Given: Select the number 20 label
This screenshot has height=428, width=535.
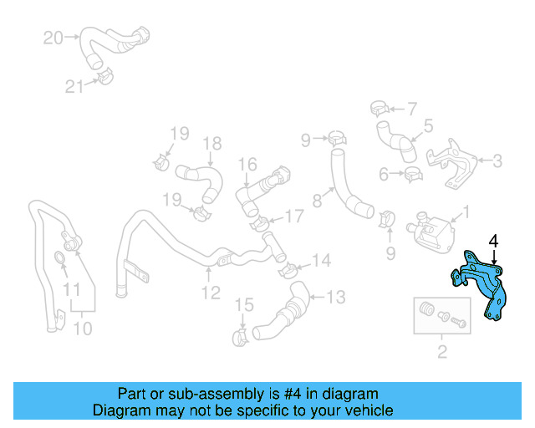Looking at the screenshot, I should pyautogui.click(x=53, y=38).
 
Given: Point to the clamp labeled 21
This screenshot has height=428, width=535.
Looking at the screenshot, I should pyautogui.click(x=104, y=78).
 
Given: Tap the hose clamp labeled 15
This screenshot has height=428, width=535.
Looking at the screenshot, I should pyautogui.click(x=240, y=337).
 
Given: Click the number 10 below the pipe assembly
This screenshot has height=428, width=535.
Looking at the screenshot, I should pyautogui.click(x=82, y=329).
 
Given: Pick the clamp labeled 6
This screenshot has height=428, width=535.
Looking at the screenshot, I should pyautogui.click(x=411, y=175).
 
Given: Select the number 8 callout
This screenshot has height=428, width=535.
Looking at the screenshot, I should pyautogui.click(x=317, y=201).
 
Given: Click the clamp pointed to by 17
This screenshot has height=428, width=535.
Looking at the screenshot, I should pyautogui.click(x=261, y=222).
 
